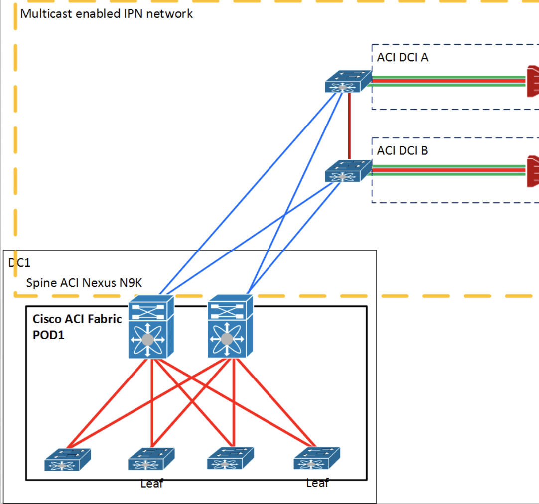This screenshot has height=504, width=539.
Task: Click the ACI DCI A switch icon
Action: click(x=348, y=82)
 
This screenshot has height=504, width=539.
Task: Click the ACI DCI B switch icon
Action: click(x=348, y=171)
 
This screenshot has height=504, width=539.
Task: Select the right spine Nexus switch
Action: click(x=230, y=326)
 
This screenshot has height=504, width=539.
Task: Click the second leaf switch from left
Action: click(x=151, y=459)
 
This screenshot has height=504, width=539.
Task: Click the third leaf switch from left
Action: click(x=230, y=458)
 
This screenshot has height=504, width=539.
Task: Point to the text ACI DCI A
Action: click(x=403, y=57)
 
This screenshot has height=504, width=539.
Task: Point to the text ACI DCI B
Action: click(x=403, y=150)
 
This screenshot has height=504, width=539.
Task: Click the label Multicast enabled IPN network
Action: click(x=107, y=14)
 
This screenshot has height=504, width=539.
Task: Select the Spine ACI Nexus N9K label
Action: click(x=84, y=283)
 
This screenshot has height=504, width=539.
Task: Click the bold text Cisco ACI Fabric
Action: click(x=77, y=319)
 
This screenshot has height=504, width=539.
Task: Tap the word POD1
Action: click(x=48, y=335)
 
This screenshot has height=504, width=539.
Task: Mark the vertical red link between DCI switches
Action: click(x=350, y=127)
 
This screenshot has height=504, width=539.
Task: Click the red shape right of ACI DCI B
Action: click(x=533, y=172)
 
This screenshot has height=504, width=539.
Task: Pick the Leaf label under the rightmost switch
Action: click(x=317, y=483)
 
